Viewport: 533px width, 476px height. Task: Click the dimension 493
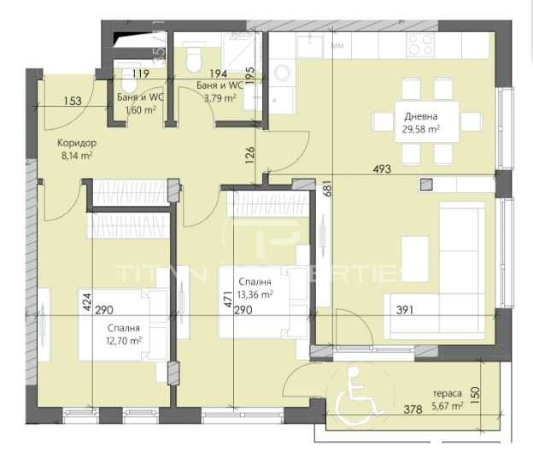(x=381, y=169)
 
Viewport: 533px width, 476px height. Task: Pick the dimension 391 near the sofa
(x=405, y=310)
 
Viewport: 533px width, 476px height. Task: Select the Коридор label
(x=78, y=143)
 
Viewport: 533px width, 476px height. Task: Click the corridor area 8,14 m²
(x=75, y=156)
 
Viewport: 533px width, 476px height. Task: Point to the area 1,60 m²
(x=140, y=110)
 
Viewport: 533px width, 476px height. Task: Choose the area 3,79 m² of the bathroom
(x=220, y=98)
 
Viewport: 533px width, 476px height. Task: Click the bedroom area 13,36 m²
(x=256, y=295)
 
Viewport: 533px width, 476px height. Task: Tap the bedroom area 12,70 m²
(x=125, y=340)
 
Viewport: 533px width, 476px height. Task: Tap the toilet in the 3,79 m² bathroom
(x=194, y=60)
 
